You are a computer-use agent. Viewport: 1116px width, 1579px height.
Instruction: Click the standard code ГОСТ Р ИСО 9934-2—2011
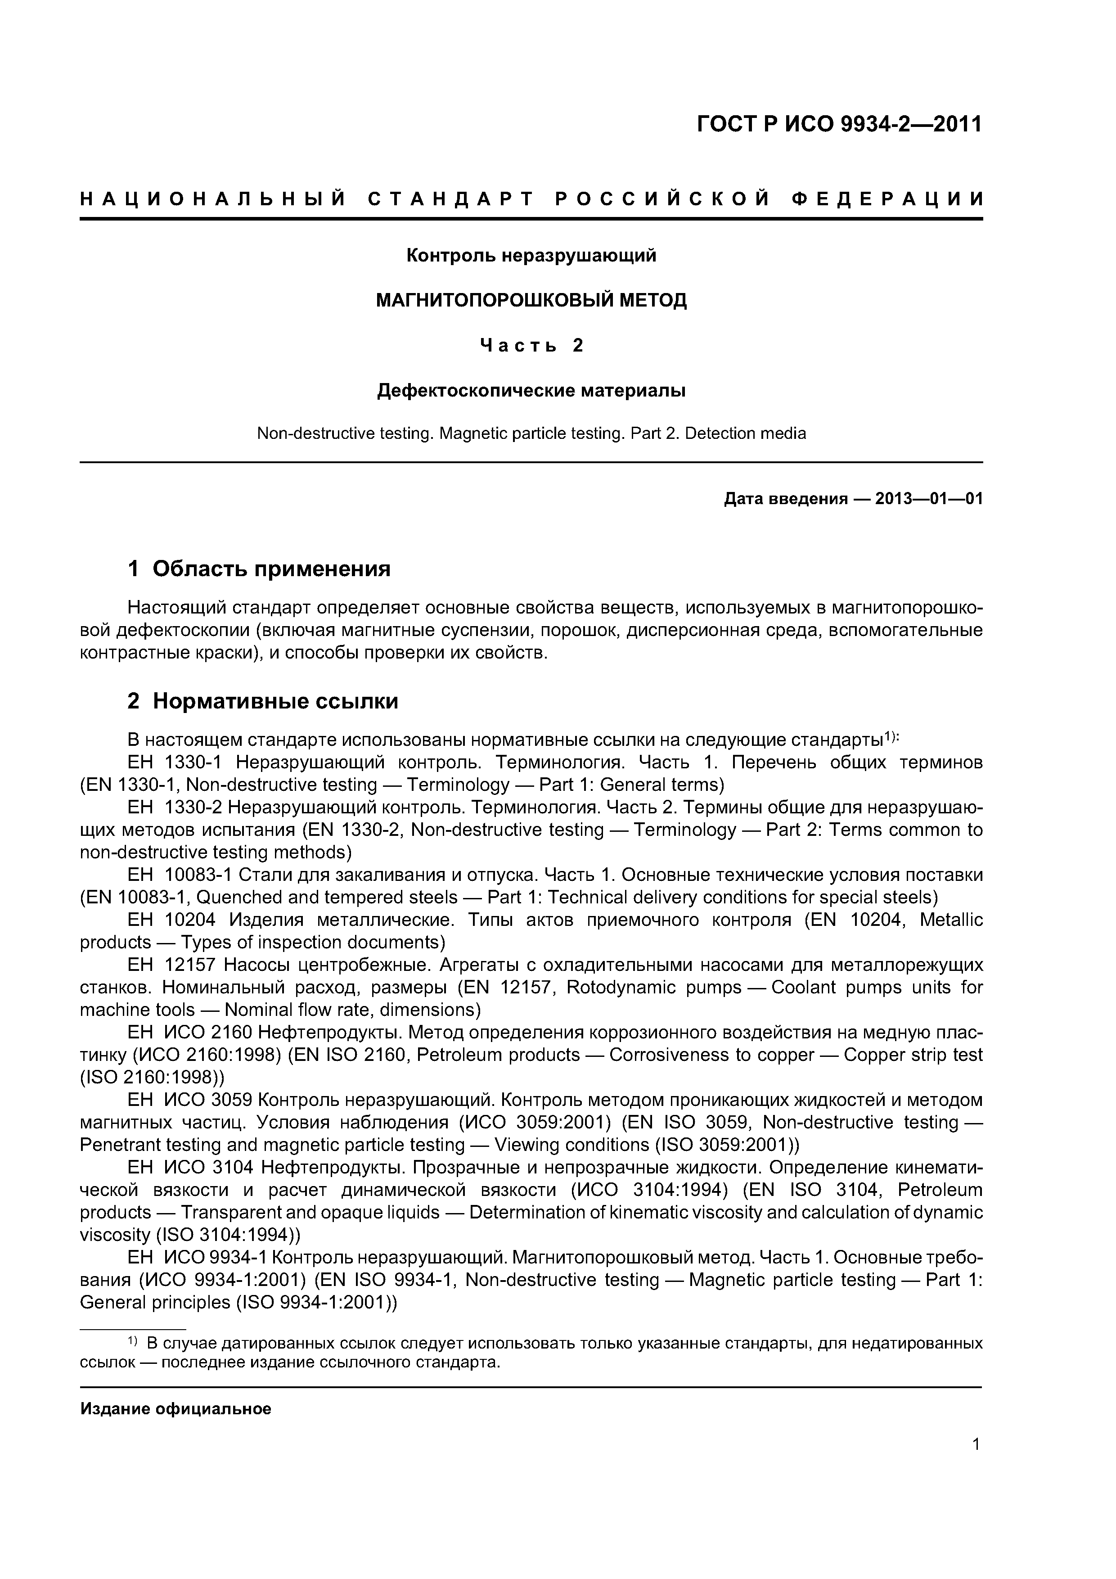[840, 125]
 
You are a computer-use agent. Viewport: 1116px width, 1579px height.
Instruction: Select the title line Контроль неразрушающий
[531, 256]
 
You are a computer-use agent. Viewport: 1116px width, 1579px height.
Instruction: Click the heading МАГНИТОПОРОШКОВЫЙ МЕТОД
[531, 301]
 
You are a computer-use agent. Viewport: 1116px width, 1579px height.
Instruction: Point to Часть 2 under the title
[531, 345]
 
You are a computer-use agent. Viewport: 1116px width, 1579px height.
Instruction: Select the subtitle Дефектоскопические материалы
[531, 391]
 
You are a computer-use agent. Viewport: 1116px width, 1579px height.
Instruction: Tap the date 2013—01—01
[928, 499]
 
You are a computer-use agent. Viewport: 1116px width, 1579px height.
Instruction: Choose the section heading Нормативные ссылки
[275, 701]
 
